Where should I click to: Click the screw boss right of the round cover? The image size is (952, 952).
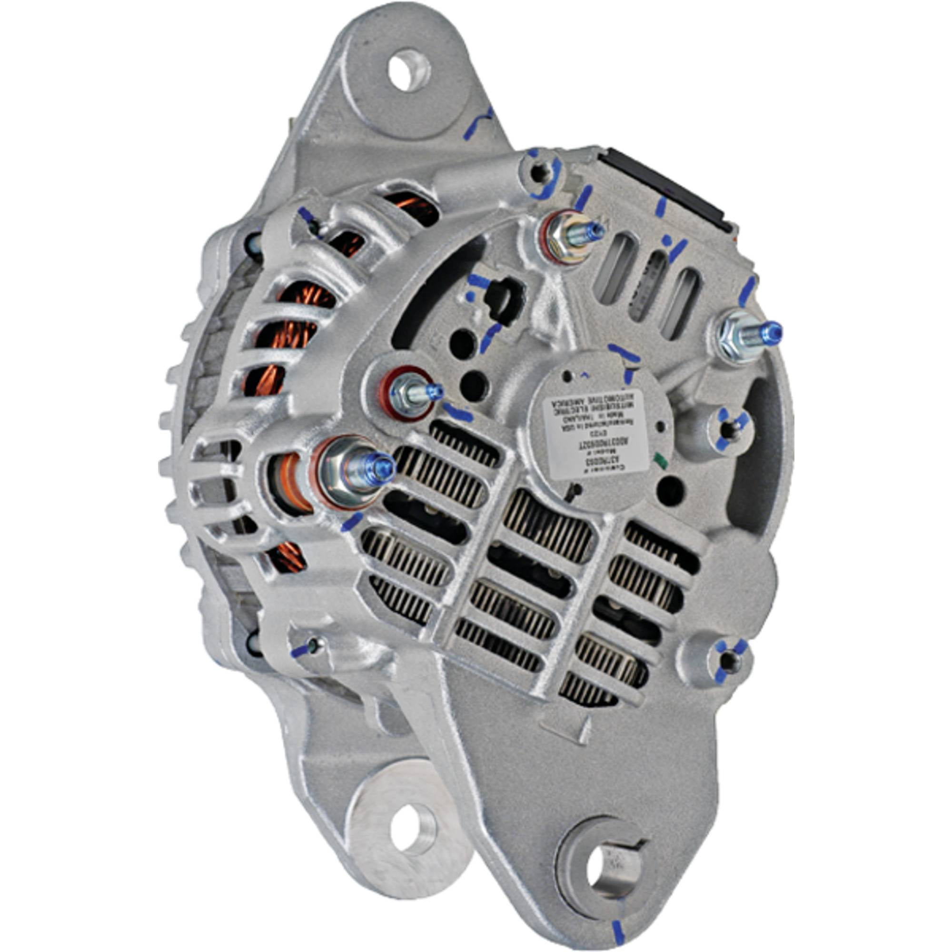pyautogui.click(x=729, y=429)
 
